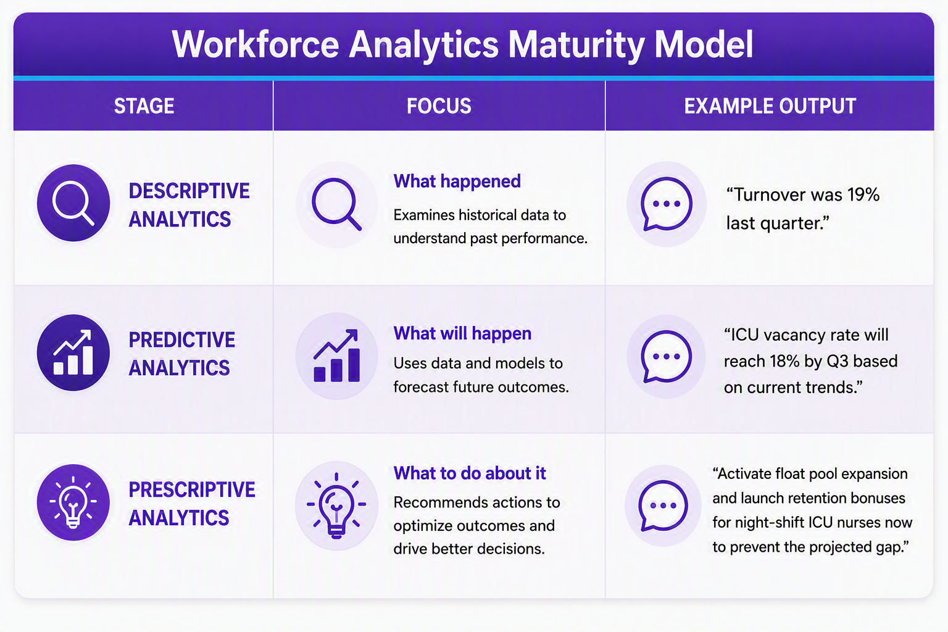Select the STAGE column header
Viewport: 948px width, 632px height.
pos(144,106)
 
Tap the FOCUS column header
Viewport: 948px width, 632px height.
pos(439,106)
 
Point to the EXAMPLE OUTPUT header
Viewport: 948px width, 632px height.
pos(770,106)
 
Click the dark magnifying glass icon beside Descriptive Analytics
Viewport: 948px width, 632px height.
pos(73,203)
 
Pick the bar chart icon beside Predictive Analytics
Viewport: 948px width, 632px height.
pos(73,352)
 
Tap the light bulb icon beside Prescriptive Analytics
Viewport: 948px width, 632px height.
pos(73,502)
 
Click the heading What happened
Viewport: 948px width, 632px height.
pos(457,181)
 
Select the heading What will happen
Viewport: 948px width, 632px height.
pos(462,333)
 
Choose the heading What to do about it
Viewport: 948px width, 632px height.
pos(470,473)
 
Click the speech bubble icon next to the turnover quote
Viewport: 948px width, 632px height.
pos(667,204)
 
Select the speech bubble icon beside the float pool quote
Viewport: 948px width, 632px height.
pos(663,505)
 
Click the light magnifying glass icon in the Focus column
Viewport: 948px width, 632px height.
pos(336,204)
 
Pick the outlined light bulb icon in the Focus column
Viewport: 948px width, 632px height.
pos(336,505)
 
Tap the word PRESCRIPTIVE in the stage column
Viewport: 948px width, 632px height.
pos(192,490)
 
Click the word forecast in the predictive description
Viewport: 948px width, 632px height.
pos(421,387)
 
